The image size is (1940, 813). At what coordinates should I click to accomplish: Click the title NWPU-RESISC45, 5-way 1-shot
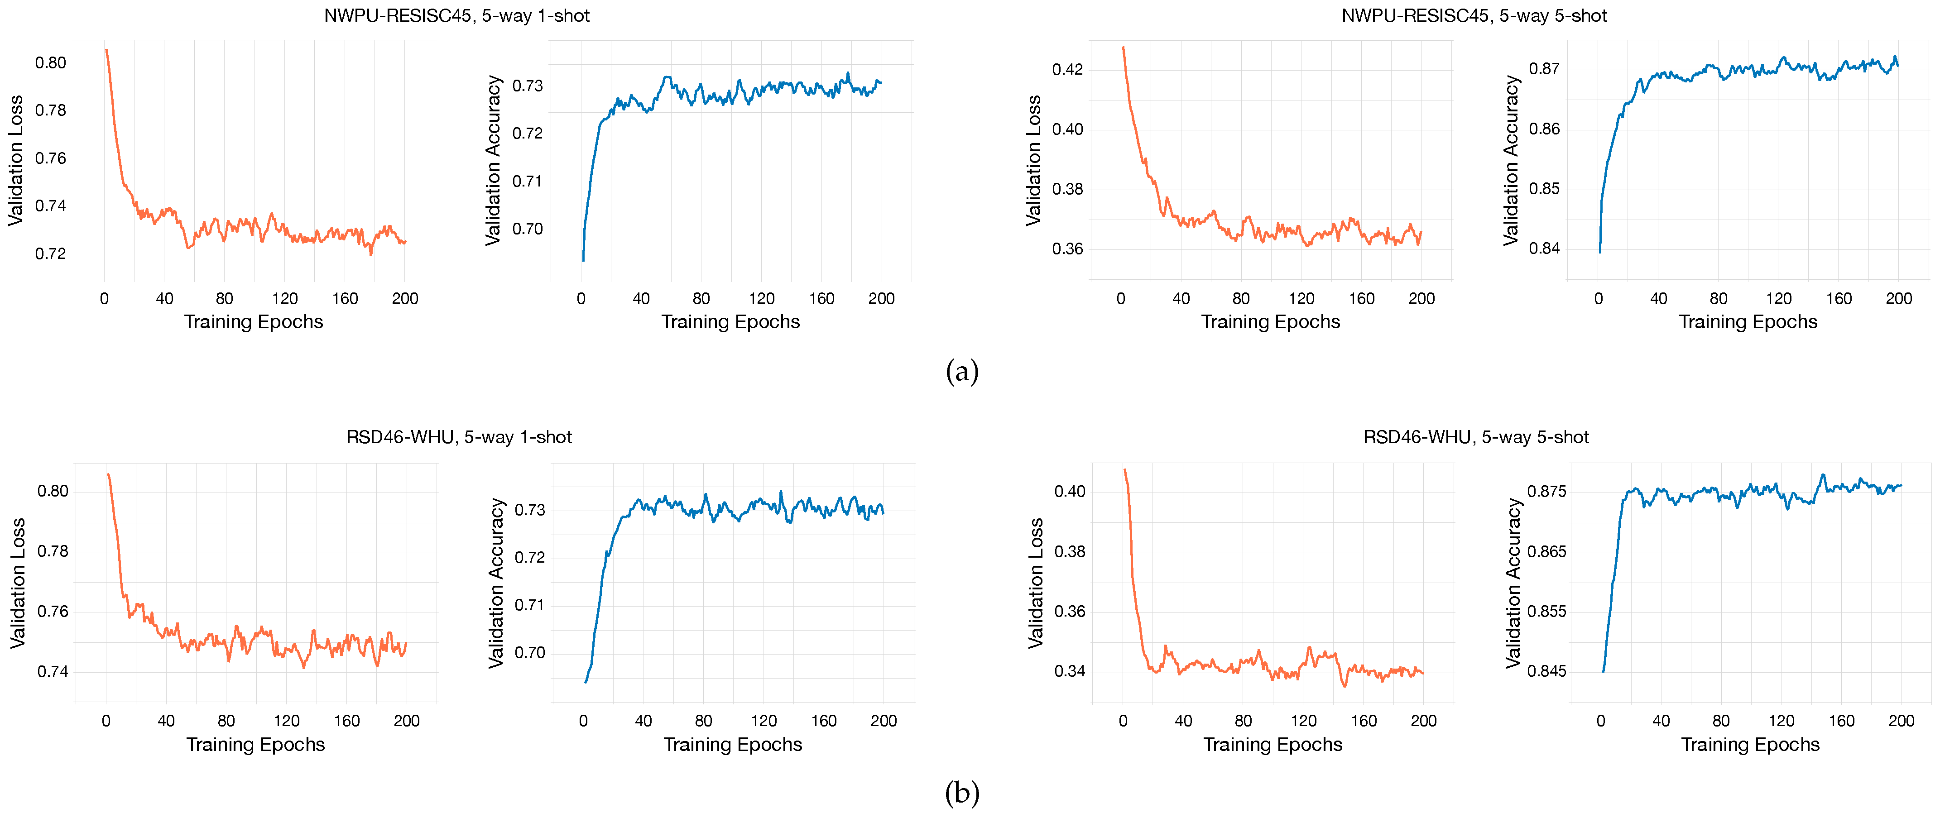pos(456,16)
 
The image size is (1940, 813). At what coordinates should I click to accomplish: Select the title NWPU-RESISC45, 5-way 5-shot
pos(1474,16)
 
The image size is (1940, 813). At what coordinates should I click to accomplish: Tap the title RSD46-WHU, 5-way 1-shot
pos(459,437)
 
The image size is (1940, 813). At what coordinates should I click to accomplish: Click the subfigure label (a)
pos(962,371)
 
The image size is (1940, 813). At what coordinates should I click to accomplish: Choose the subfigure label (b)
pos(962,793)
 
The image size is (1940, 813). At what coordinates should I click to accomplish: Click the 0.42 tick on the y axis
pos(1067,69)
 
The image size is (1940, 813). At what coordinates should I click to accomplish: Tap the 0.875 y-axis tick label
pos(1546,492)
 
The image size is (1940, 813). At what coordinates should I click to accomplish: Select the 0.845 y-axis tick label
pos(1546,671)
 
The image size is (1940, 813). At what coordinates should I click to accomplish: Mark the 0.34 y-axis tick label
pos(1070,671)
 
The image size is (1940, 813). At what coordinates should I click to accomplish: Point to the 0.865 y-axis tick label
pos(1546,552)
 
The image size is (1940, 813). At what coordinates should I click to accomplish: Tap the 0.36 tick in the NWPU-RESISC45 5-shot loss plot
pos(1067,249)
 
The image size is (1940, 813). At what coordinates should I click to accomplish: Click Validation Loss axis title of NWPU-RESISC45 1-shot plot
pos(16,160)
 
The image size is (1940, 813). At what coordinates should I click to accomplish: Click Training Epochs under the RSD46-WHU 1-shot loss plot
pos(255,745)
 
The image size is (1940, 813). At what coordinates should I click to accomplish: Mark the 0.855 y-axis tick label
pos(1546,611)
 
